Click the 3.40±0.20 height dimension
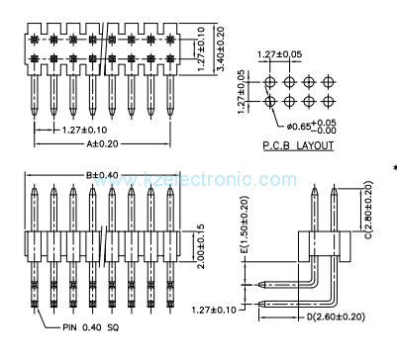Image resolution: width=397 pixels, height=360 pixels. click(x=221, y=48)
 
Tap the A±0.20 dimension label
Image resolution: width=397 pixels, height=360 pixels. click(x=102, y=144)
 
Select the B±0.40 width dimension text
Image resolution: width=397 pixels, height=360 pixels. click(x=102, y=175)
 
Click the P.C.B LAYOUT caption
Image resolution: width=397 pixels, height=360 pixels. click(x=298, y=145)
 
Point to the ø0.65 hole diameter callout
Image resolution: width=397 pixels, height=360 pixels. click(x=312, y=127)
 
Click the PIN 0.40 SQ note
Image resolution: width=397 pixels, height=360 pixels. click(x=91, y=327)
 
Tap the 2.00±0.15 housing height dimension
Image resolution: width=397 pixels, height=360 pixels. click(x=201, y=246)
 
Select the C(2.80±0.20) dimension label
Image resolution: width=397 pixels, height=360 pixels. click(x=368, y=210)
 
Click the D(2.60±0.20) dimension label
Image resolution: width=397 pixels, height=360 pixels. click(x=336, y=317)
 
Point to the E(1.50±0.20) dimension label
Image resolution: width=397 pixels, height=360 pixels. click(x=245, y=225)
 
